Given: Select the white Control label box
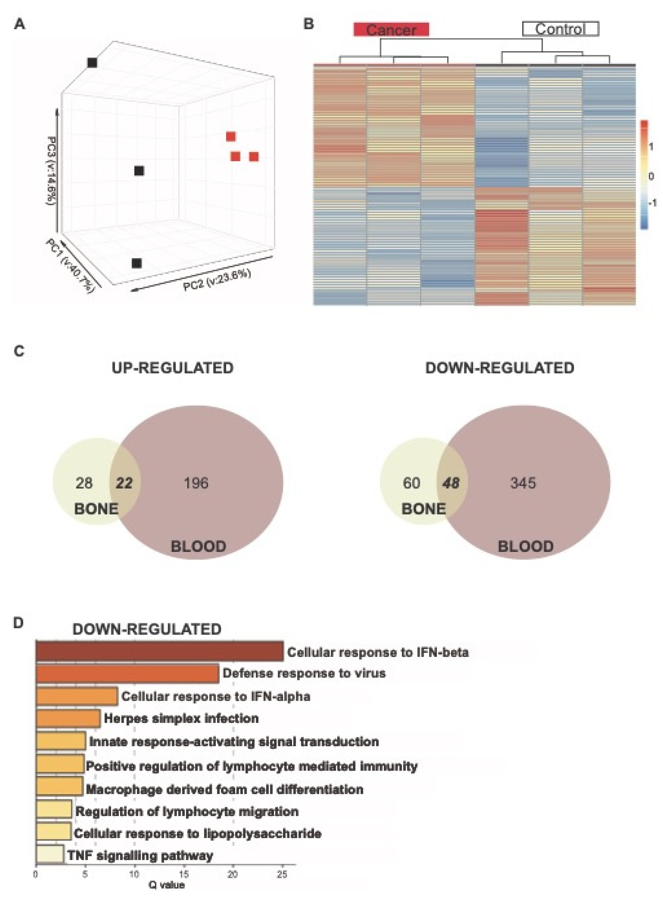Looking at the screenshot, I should coord(560,29).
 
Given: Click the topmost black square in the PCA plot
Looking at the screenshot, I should coord(92,63).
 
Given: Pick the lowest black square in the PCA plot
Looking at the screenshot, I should coord(137,263).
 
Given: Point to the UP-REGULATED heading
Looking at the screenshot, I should coord(173,368).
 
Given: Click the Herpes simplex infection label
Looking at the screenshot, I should coord(181,718).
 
